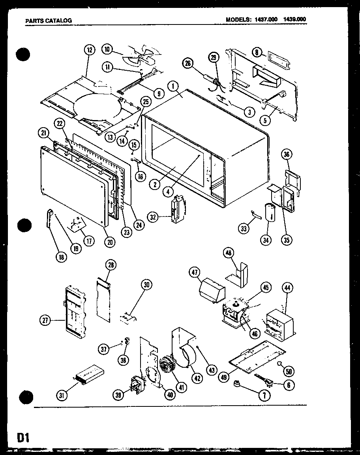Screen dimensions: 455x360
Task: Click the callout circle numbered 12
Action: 90,50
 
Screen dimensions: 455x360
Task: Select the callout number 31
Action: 62,394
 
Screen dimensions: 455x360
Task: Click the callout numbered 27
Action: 45,321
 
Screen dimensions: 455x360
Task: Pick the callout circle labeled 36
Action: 287,155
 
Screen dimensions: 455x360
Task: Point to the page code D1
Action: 24,438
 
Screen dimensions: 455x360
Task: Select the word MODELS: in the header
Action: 238,19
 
